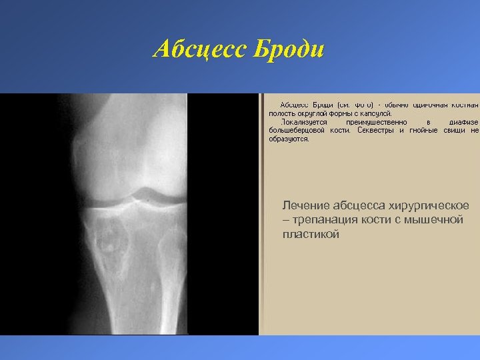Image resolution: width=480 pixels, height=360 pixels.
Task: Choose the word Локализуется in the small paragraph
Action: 303,123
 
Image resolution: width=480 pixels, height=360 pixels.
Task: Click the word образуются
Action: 289,139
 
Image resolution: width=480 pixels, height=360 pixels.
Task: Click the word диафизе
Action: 463,123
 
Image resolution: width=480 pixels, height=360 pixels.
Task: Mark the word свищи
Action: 455,131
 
